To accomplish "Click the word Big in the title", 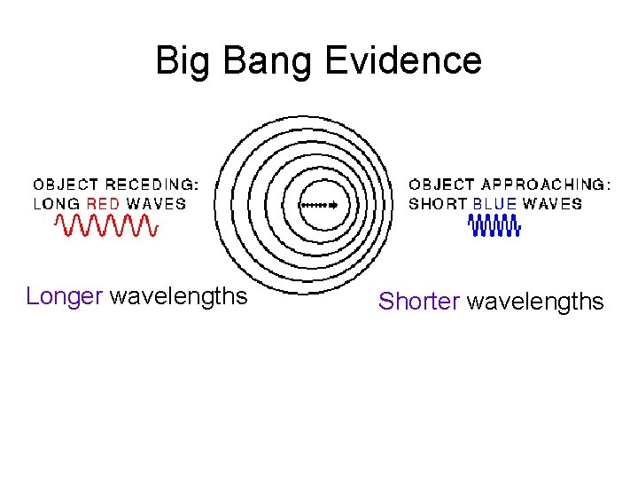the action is (x=179, y=61).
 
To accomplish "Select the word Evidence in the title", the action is (x=403, y=61).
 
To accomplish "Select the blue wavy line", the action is (x=494, y=228).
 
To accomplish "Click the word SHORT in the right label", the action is (x=438, y=203).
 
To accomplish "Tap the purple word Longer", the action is (x=65, y=296).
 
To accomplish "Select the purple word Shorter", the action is (x=418, y=302).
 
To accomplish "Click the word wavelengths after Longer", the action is (x=178, y=296).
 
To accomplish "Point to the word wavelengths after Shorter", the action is (x=535, y=302).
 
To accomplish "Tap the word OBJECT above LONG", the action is (x=66, y=185).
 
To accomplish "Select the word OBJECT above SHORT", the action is (x=441, y=185).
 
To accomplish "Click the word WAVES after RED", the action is (x=156, y=203).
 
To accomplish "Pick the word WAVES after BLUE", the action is (x=552, y=203).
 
